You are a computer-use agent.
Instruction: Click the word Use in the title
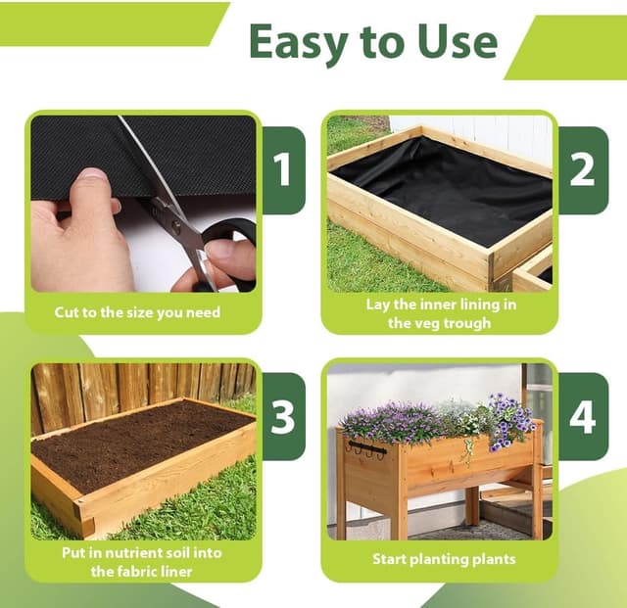(x=458, y=41)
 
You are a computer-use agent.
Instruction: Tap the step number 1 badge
(x=283, y=170)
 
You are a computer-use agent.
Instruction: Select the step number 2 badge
(x=582, y=170)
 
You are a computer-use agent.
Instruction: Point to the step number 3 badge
(x=283, y=416)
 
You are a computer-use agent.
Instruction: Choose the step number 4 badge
(x=582, y=416)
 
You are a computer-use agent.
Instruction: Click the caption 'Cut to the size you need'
(x=137, y=312)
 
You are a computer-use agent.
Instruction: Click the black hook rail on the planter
(x=367, y=448)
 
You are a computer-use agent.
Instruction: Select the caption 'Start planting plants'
(x=444, y=559)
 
